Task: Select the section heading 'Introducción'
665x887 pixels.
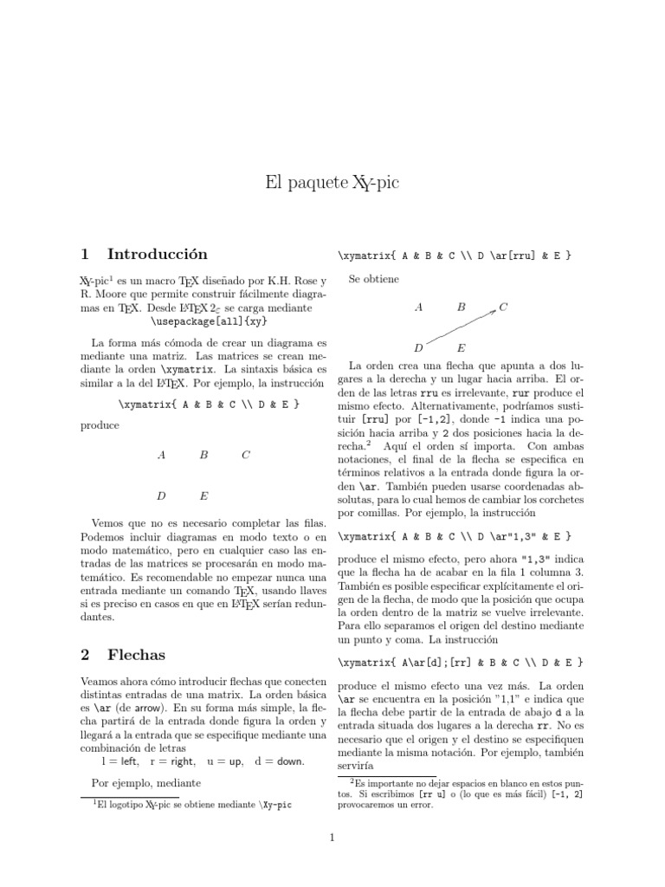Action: pos(158,254)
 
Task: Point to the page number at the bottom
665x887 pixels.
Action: pos(332,837)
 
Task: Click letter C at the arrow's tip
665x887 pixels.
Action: pos(503,307)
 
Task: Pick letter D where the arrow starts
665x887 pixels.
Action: pos(418,348)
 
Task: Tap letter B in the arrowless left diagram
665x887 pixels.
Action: pos(203,454)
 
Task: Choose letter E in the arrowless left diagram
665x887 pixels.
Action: pos(203,496)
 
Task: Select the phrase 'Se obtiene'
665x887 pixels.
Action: pos(373,279)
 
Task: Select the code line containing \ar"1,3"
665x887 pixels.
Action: pos(455,536)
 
